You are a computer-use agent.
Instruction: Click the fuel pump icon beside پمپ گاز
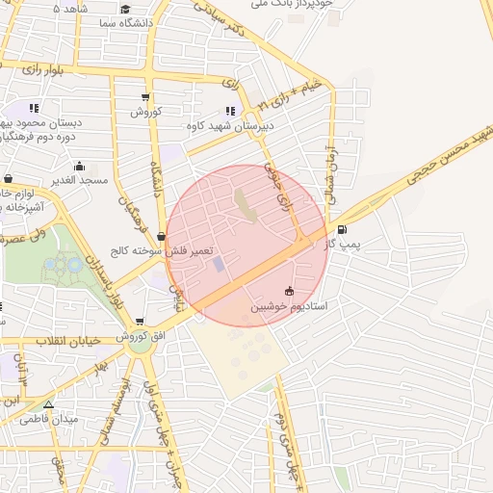(x=344, y=229)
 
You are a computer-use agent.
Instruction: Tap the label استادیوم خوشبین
(x=290, y=306)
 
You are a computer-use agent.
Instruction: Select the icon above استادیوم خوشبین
(x=290, y=292)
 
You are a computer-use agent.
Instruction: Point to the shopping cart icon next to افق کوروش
(x=141, y=322)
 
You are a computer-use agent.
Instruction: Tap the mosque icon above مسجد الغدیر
(x=79, y=165)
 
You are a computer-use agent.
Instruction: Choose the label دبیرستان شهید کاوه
(x=232, y=125)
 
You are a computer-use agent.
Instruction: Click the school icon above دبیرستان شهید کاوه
(x=229, y=110)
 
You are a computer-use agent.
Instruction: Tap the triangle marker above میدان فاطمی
(x=48, y=404)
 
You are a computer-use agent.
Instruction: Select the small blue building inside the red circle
(x=219, y=263)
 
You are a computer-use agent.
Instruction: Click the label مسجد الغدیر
(x=79, y=181)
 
